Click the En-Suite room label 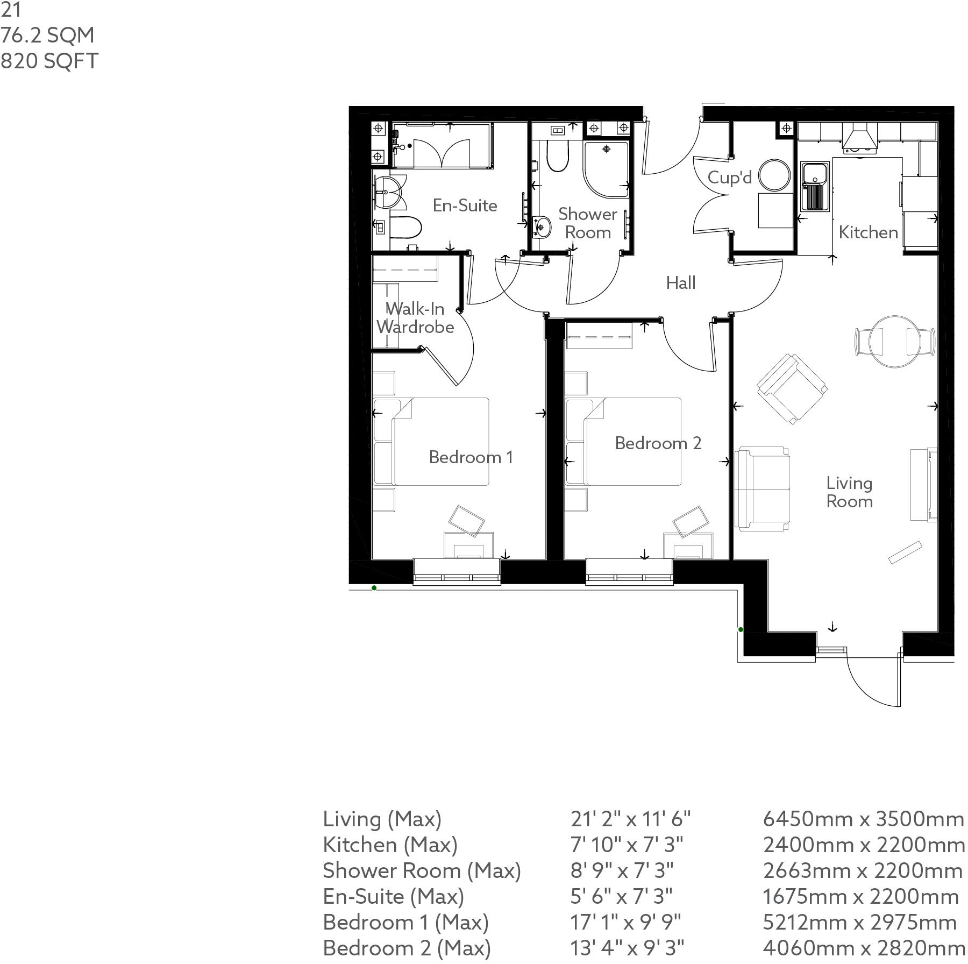coord(465,205)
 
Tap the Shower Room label coord(587,223)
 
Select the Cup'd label coord(729,177)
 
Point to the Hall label coord(680,283)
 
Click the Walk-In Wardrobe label coord(415,318)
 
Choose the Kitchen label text coord(868,232)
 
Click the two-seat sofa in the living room coord(762,488)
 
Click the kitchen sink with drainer coord(815,186)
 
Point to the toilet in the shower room coord(557,155)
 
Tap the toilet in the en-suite coord(403,228)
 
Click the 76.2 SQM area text coord(47,36)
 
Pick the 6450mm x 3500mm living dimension coord(863,819)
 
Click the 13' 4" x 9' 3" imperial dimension coord(627,948)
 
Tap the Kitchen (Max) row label coord(390,845)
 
